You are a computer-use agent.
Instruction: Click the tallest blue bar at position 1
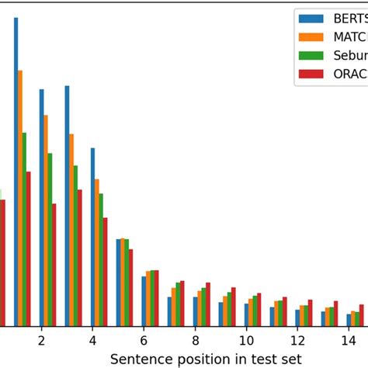(x=16, y=171)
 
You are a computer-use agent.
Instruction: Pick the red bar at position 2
(x=54, y=265)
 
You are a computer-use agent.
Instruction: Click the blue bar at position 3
(x=67, y=206)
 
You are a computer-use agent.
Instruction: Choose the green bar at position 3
(x=75, y=245)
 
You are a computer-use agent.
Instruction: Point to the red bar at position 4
(x=105, y=272)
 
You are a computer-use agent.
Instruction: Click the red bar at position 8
(x=207, y=304)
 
